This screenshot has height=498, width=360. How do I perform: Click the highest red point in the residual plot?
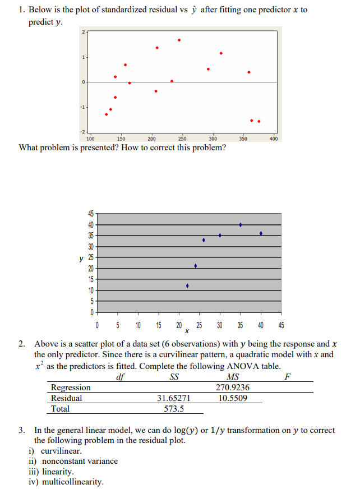click(179, 40)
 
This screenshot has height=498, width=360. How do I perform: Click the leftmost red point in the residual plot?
click(106, 114)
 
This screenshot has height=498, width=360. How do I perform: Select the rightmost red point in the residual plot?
click(259, 121)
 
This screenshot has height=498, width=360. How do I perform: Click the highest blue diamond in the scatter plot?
click(241, 225)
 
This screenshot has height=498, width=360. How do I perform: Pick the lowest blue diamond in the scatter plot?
click(187, 286)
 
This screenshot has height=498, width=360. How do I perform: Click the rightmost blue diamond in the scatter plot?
click(261, 233)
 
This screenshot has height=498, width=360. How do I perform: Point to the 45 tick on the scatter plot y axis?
click(90, 214)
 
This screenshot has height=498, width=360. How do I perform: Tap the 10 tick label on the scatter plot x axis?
click(138, 325)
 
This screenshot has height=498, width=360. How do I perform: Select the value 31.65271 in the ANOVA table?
click(173, 398)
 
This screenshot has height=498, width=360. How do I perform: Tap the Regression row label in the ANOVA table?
click(71, 388)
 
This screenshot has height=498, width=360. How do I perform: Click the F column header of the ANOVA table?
click(288, 377)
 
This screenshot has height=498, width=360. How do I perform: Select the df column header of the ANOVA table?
click(119, 377)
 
